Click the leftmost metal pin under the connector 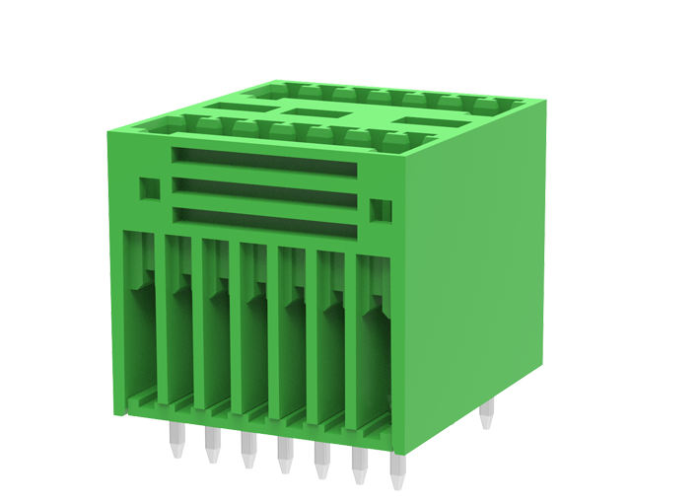click(175, 444)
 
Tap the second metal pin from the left click(211, 449)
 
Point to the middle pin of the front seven click(284, 459)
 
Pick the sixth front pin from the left click(357, 471)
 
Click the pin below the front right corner click(396, 473)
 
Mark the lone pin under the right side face click(484, 419)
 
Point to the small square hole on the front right click(380, 210)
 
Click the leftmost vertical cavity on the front click(139, 316)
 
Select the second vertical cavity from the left click(176, 321)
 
